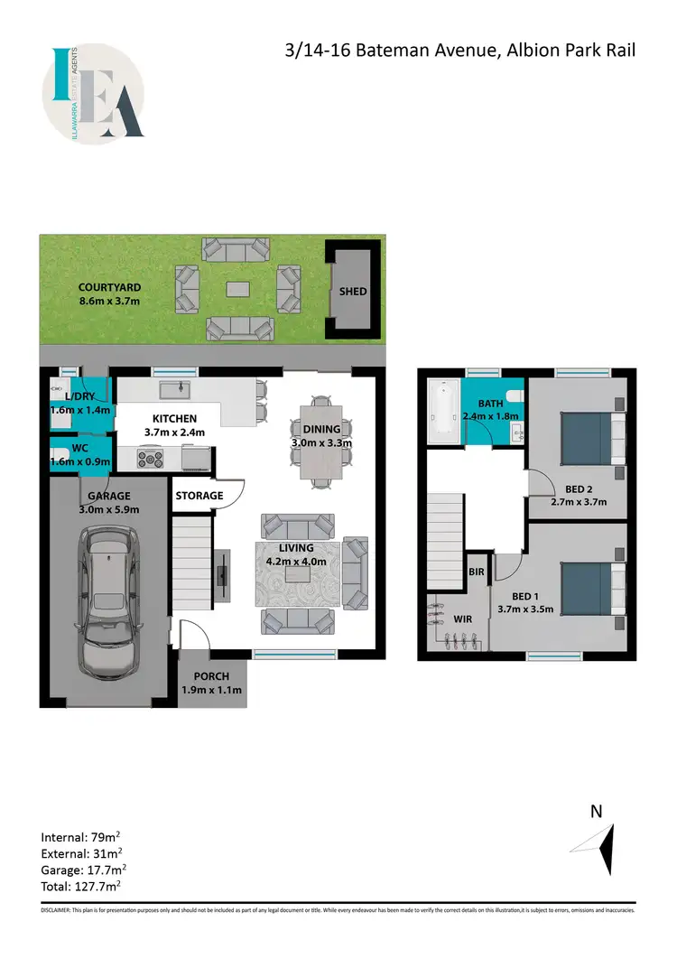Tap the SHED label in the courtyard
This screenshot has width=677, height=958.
352,292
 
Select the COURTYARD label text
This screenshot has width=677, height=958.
108,286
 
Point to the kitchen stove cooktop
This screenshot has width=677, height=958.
150,459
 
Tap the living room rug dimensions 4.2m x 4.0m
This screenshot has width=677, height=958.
296,561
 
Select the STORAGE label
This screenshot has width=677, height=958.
199,496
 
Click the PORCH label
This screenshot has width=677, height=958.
211,676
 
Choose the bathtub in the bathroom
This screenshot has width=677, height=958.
441,412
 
